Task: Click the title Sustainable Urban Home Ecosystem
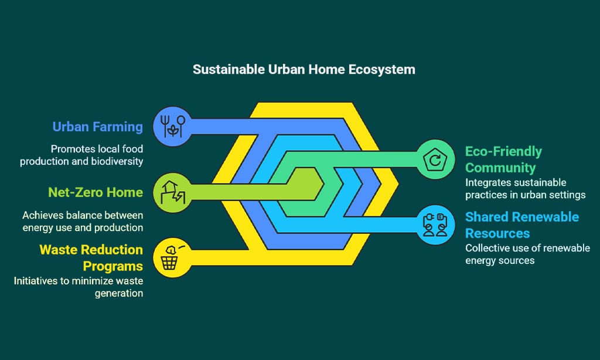click(304, 70)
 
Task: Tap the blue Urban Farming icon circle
click(173, 127)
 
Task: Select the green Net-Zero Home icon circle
click(173, 192)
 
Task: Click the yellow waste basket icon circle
click(173, 258)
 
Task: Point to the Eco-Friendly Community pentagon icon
click(435, 159)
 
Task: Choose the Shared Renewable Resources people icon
click(435, 225)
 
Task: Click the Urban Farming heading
click(98, 127)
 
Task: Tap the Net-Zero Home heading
click(96, 192)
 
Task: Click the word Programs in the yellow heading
click(113, 266)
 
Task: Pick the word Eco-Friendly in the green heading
click(503, 152)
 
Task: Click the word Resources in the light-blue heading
click(497, 233)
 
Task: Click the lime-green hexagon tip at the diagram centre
click(323, 184)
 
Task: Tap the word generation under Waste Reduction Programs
click(119, 294)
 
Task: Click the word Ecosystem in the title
click(382, 70)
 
